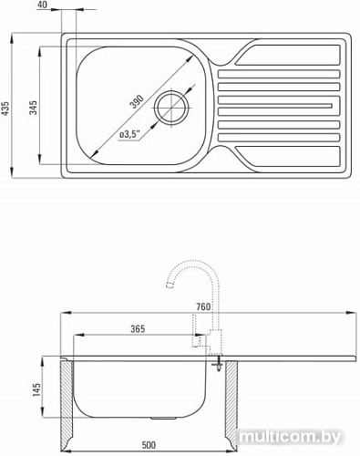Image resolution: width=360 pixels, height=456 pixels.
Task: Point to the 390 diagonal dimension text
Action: click(137, 102)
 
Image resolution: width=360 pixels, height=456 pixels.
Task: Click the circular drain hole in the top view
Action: click(170, 108)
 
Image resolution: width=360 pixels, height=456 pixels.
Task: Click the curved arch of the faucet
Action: click(191, 265)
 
